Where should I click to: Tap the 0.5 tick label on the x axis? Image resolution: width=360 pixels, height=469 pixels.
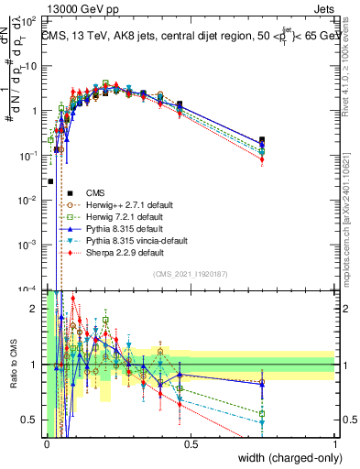pos(191,442)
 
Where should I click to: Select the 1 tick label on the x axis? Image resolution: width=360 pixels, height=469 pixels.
pos(335,442)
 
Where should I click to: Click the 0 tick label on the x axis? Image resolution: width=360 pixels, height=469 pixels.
pos(47,442)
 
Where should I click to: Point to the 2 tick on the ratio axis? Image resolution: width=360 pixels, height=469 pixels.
pos(37,309)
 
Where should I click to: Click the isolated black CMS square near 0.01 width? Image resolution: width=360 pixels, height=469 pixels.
pos(49,181)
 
